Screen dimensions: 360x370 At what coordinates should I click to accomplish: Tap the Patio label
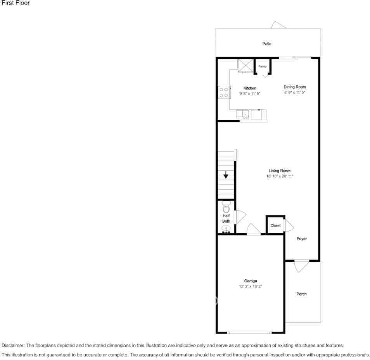tap(266, 44)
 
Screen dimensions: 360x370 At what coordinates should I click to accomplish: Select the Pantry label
tap(263, 66)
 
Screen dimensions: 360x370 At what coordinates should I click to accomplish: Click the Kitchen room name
tap(250, 88)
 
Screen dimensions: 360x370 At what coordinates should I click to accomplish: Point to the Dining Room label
tap(295, 87)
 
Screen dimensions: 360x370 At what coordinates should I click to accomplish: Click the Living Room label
tap(280, 171)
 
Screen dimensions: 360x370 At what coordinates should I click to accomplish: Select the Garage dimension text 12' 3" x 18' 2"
tap(251, 287)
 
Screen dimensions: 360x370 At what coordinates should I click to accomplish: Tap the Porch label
tap(301, 294)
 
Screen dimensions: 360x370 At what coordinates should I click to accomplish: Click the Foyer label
tap(302, 239)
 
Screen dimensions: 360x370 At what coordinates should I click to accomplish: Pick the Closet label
tap(275, 225)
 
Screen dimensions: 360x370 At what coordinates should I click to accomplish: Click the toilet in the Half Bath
tap(226, 206)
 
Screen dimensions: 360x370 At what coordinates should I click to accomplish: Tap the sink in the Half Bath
tap(226, 229)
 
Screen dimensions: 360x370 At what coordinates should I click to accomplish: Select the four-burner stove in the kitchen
tap(223, 92)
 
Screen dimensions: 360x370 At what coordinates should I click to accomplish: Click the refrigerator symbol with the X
tap(245, 66)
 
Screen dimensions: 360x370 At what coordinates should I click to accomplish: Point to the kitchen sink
tap(243, 114)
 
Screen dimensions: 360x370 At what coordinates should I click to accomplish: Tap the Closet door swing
tap(289, 225)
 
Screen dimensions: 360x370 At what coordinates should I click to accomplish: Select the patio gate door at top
tap(279, 25)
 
